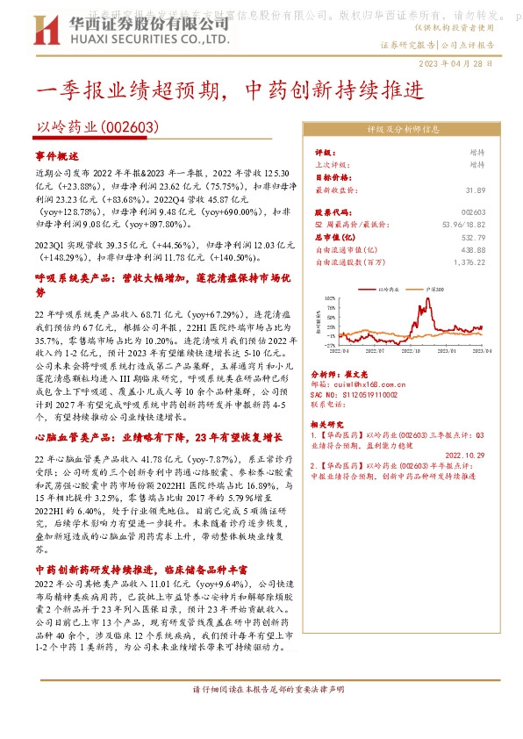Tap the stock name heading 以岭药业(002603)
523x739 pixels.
click(97, 127)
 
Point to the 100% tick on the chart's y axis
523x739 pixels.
click(330, 298)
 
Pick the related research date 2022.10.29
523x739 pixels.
click(464, 455)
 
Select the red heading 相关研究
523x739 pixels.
click(331, 423)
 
